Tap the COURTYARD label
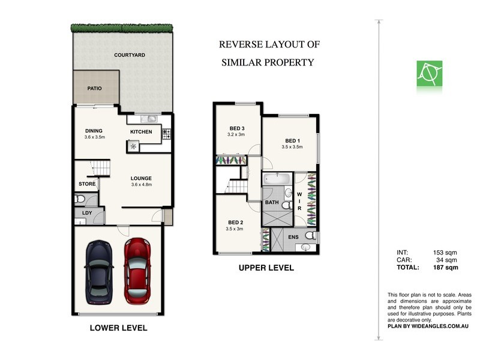click(130, 55)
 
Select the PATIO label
click(94, 88)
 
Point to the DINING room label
click(94, 131)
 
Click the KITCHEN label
click(141, 131)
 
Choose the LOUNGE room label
click(142, 178)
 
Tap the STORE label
click(87, 184)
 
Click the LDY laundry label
click(86, 213)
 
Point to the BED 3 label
click(237, 128)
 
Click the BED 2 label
click(234, 222)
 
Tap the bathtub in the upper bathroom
click(277, 179)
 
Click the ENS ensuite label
click(293, 238)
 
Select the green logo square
click(430, 73)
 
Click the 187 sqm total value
click(446, 268)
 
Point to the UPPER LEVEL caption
click(266, 268)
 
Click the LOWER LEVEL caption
click(118, 328)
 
